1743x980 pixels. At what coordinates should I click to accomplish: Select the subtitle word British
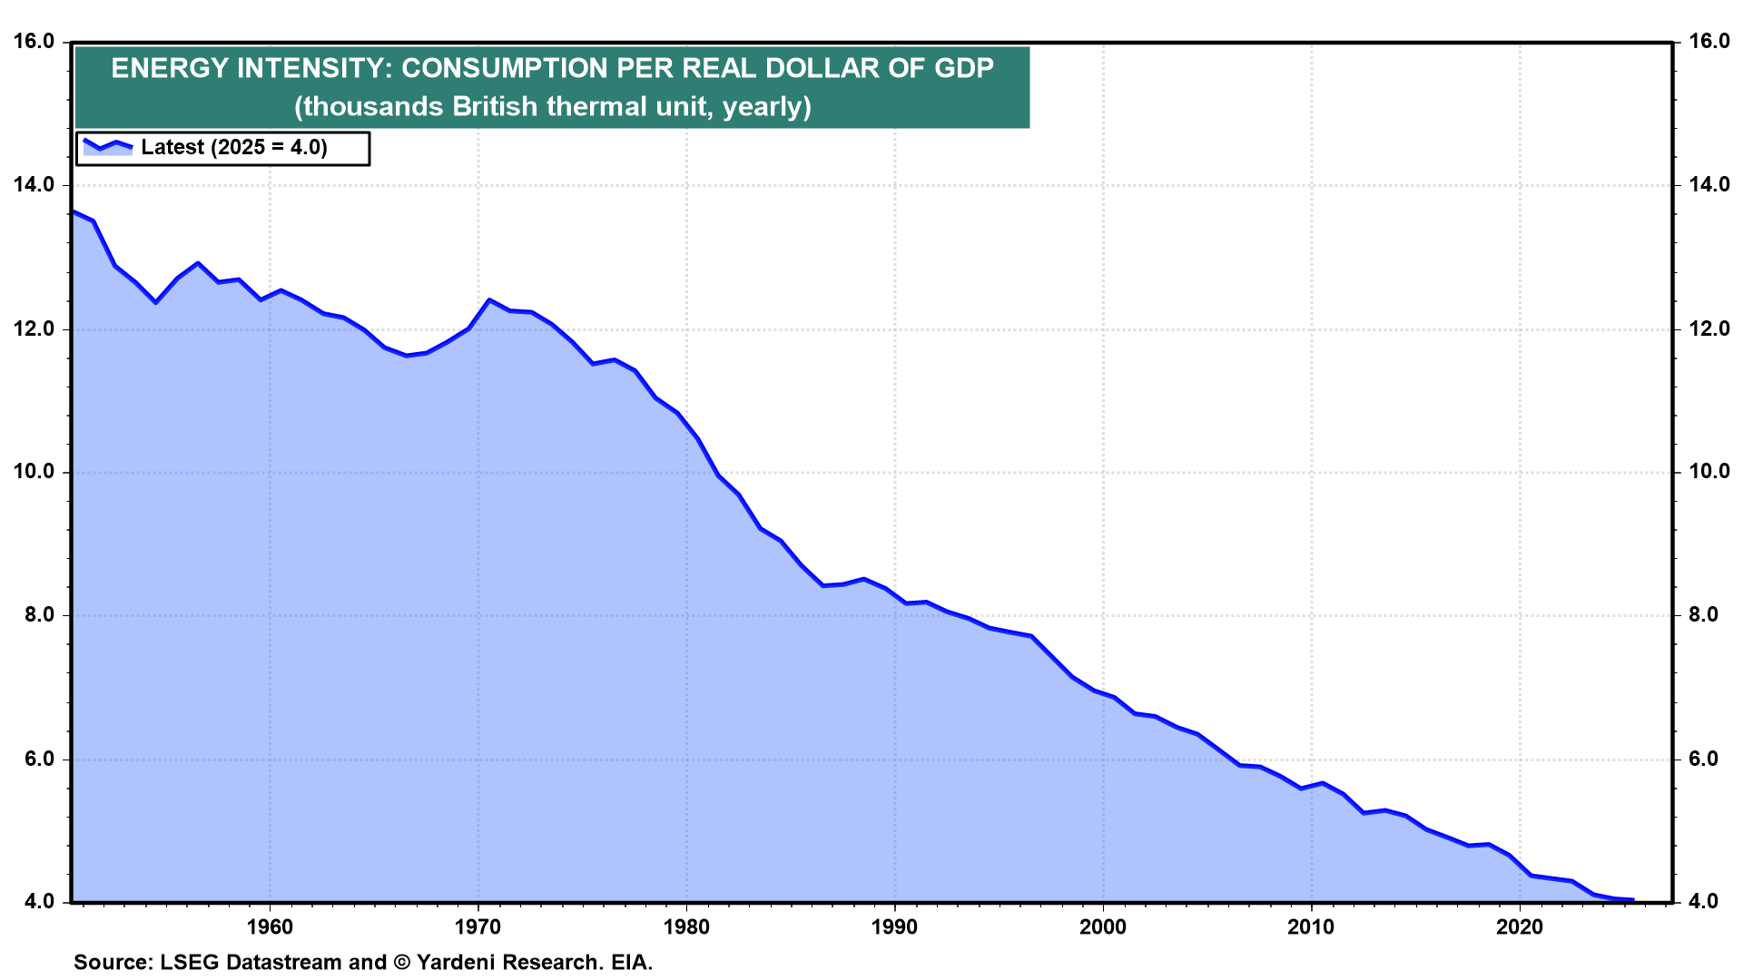click(x=495, y=107)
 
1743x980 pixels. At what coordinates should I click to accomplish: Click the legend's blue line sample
click(x=108, y=146)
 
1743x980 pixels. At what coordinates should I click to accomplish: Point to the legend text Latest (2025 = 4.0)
click(x=234, y=147)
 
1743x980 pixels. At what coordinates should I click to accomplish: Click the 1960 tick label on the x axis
click(x=270, y=926)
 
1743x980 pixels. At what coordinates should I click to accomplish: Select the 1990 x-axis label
click(x=894, y=926)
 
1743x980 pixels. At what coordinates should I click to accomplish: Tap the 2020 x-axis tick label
click(x=1519, y=926)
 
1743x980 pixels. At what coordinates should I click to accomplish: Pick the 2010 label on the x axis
click(x=1311, y=926)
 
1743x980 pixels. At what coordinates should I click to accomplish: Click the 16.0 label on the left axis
click(x=34, y=41)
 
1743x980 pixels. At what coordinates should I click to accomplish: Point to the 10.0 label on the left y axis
click(x=34, y=472)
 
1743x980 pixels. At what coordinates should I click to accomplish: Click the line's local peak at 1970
click(x=489, y=299)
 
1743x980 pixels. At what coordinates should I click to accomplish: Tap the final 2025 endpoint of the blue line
click(x=1633, y=900)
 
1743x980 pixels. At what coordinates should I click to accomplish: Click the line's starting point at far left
click(x=74, y=212)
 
